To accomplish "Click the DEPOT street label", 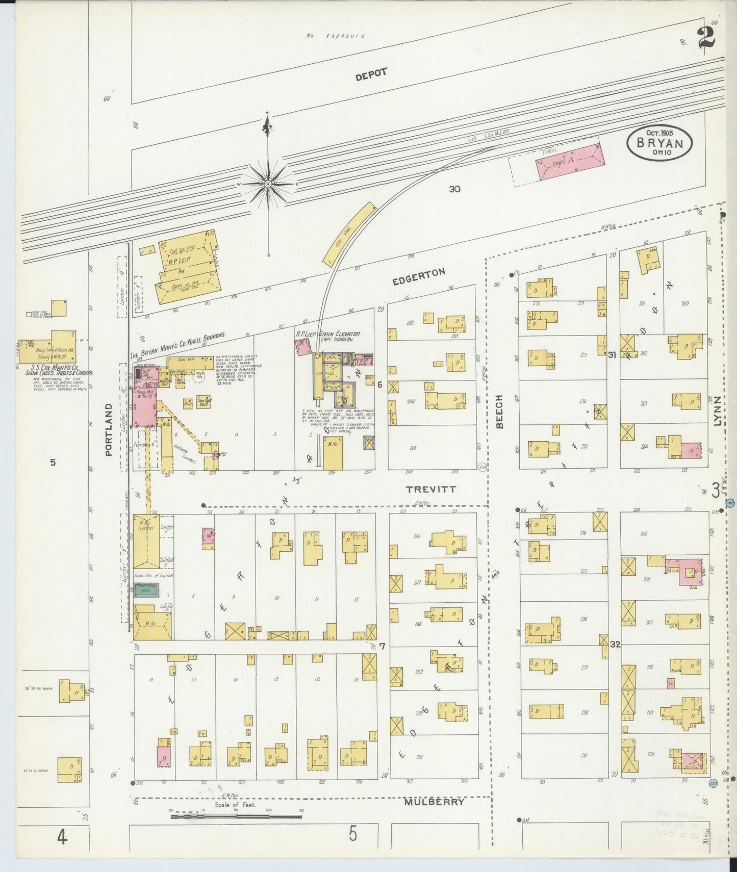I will click(x=371, y=74).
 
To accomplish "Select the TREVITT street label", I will click(x=430, y=489).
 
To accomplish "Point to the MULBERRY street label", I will click(x=435, y=802).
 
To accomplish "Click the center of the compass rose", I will click(x=268, y=184).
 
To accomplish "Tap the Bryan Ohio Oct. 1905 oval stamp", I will click(x=659, y=143).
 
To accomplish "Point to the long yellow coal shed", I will click(x=349, y=234).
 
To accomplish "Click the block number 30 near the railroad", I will click(x=454, y=189).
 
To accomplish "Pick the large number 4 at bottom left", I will click(x=62, y=837).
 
